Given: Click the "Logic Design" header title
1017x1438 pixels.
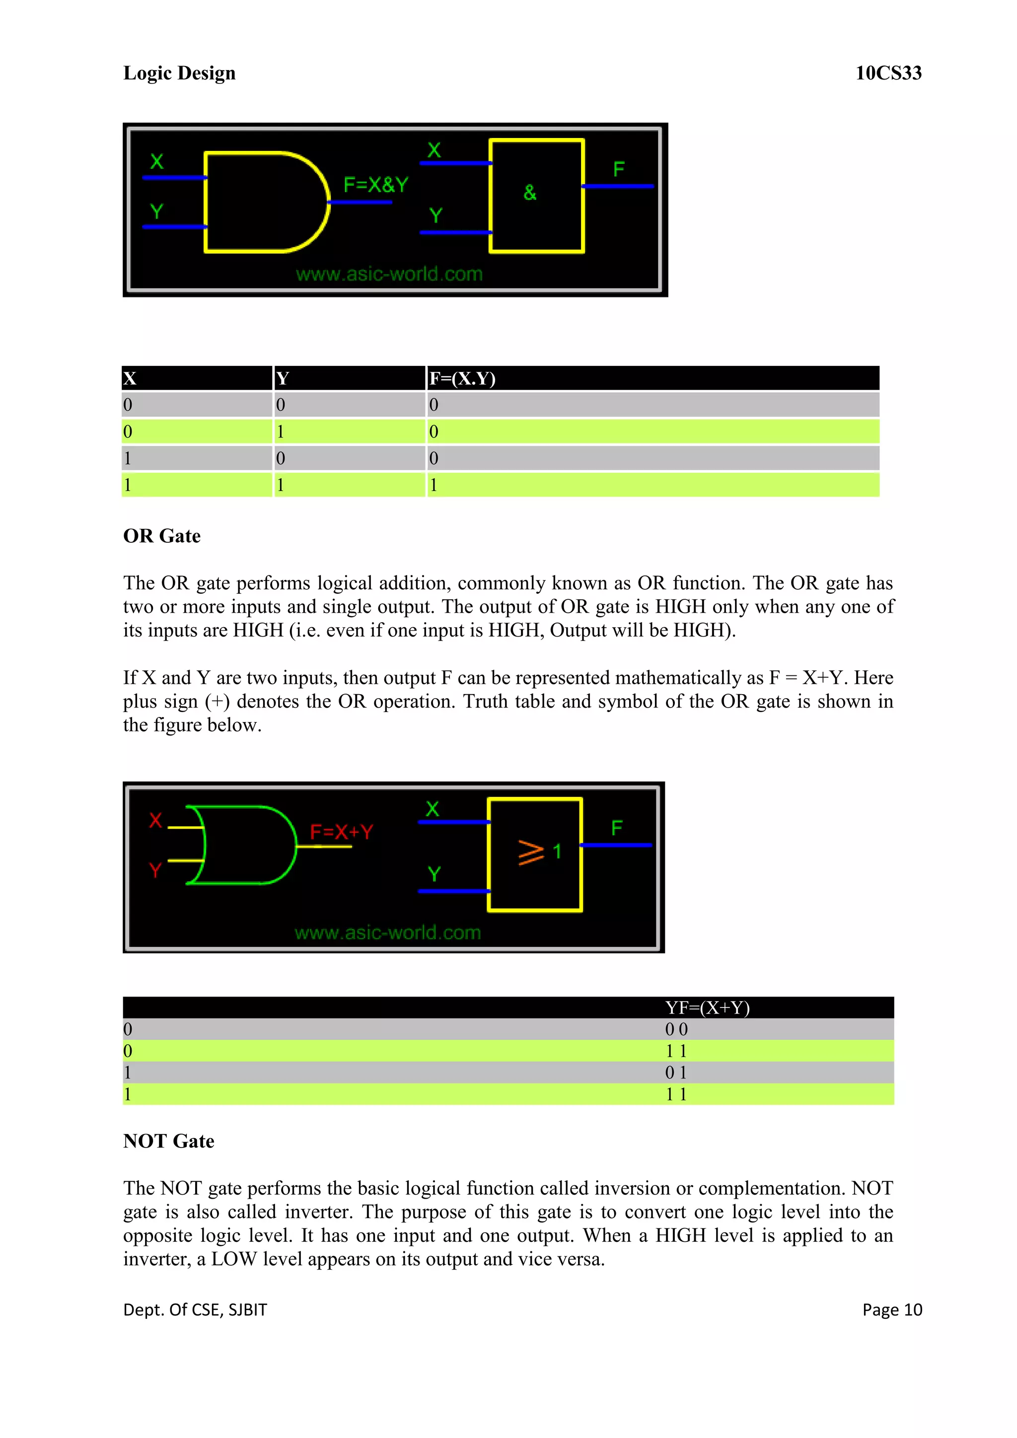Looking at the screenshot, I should pos(179,73).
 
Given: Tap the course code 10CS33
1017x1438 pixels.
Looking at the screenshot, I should pos(888,73).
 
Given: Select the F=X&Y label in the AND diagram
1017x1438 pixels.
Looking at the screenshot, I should pos(376,185).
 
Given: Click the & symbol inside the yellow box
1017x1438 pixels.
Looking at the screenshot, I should pos(530,193).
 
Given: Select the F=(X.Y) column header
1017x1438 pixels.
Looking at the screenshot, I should pos(462,378).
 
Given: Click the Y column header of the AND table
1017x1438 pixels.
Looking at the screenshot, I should pos(283,378).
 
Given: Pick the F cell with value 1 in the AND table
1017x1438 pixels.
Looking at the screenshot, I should pos(434,485).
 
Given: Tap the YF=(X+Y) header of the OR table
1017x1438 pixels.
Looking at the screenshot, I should pos(707,1007).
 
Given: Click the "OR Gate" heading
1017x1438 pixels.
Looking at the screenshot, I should pos(161,536).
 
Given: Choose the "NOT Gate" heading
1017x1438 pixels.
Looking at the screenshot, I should pos(168,1141).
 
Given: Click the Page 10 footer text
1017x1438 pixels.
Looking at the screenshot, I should pos(892,1309).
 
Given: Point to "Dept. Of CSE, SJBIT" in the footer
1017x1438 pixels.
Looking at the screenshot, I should pos(195,1309).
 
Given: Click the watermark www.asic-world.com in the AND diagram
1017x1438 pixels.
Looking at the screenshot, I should pos(389,274).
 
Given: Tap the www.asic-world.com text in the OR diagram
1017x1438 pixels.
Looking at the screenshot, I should pos(388,933).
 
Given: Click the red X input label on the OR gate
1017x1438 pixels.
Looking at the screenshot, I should pos(155,820).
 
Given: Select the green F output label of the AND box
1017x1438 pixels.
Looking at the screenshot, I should pos(619,169).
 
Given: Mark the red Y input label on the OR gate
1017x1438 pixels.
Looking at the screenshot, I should pos(155,869).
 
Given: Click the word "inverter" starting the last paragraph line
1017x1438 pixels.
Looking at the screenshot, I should pos(156,1259).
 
